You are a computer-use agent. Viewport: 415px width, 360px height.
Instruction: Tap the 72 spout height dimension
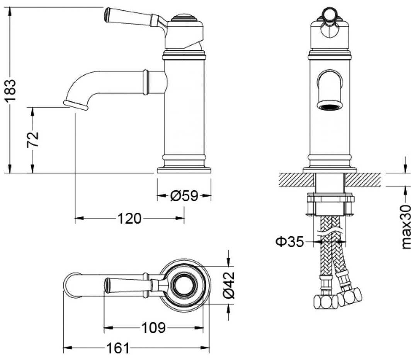click(33, 139)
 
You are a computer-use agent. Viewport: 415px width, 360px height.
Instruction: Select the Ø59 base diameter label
click(184, 196)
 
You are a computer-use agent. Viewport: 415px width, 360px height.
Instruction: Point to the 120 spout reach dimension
click(129, 219)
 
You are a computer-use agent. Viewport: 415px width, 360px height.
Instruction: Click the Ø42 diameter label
click(229, 285)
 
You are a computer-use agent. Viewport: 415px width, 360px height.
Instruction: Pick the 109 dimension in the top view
click(153, 328)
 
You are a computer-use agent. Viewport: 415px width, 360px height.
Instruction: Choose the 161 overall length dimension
click(118, 348)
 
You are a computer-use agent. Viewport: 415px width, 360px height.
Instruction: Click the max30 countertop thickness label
click(406, 227)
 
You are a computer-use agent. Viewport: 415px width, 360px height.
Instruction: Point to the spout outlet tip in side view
click(75, 105)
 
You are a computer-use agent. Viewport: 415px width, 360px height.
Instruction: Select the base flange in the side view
click(184, 170)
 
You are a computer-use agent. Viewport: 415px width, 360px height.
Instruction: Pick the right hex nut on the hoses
click(350, 297)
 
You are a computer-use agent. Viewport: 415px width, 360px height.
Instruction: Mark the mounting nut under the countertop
click(330, 204)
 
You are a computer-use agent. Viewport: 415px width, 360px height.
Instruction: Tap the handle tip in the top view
click(107, 285)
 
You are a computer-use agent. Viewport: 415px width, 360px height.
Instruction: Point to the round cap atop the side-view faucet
click(184, 18)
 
